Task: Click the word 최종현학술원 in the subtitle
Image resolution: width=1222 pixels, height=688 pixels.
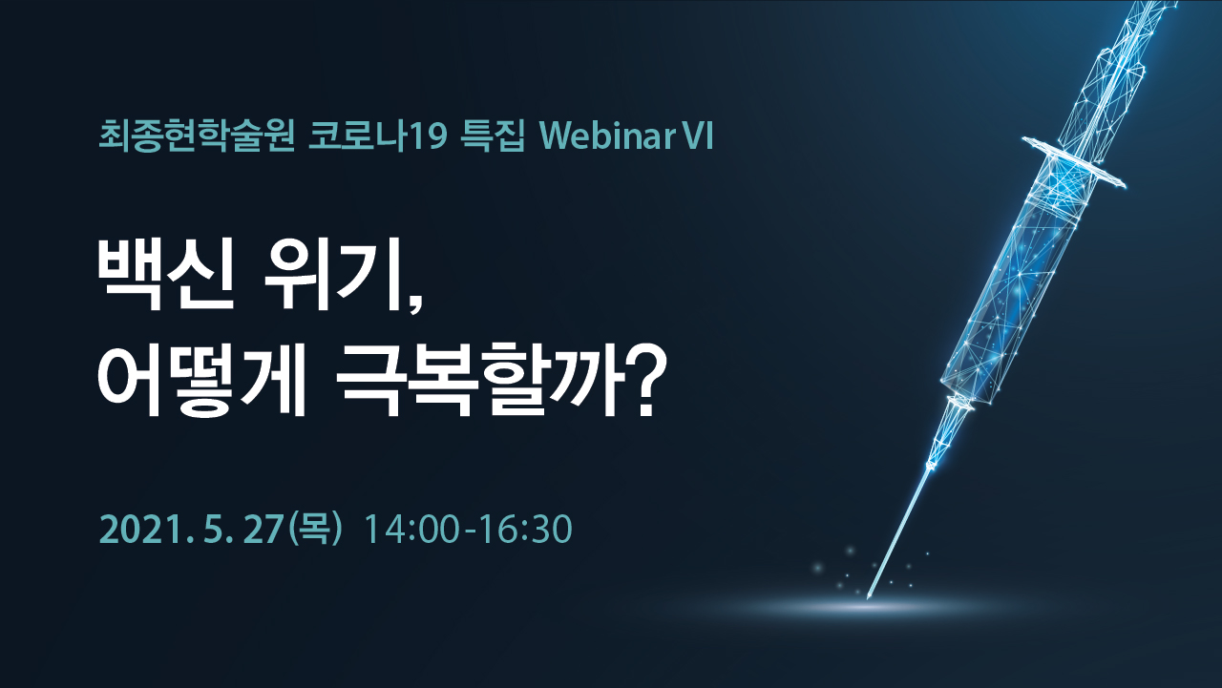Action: click(197, 136)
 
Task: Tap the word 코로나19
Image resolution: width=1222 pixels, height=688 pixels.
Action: click(377, 136)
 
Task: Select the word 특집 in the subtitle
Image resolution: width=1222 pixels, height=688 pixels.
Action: click(493, 136)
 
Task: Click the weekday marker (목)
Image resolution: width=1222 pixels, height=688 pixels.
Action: click(316, 529)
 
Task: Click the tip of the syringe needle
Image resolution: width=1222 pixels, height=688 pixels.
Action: click(868, 598)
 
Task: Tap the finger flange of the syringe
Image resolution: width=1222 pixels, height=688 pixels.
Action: click(1074, 162)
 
